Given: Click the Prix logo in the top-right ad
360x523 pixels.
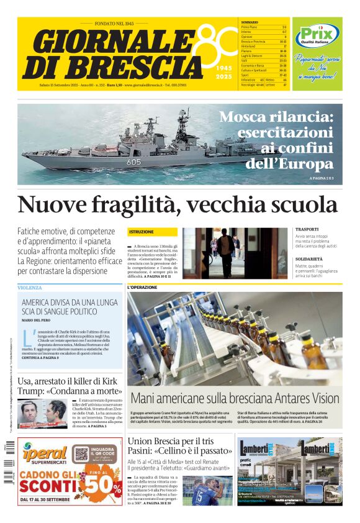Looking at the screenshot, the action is [317, 35].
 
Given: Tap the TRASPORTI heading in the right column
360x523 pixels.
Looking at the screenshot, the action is [307, 229].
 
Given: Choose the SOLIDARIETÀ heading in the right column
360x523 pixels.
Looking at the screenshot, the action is [309, 258].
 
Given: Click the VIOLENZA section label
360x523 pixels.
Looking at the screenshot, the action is [30, 288].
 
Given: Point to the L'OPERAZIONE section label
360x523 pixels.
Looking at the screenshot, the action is [142, 288].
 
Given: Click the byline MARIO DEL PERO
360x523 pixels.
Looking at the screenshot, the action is [36, 319].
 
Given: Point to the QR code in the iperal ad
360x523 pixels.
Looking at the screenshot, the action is [81, 453].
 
